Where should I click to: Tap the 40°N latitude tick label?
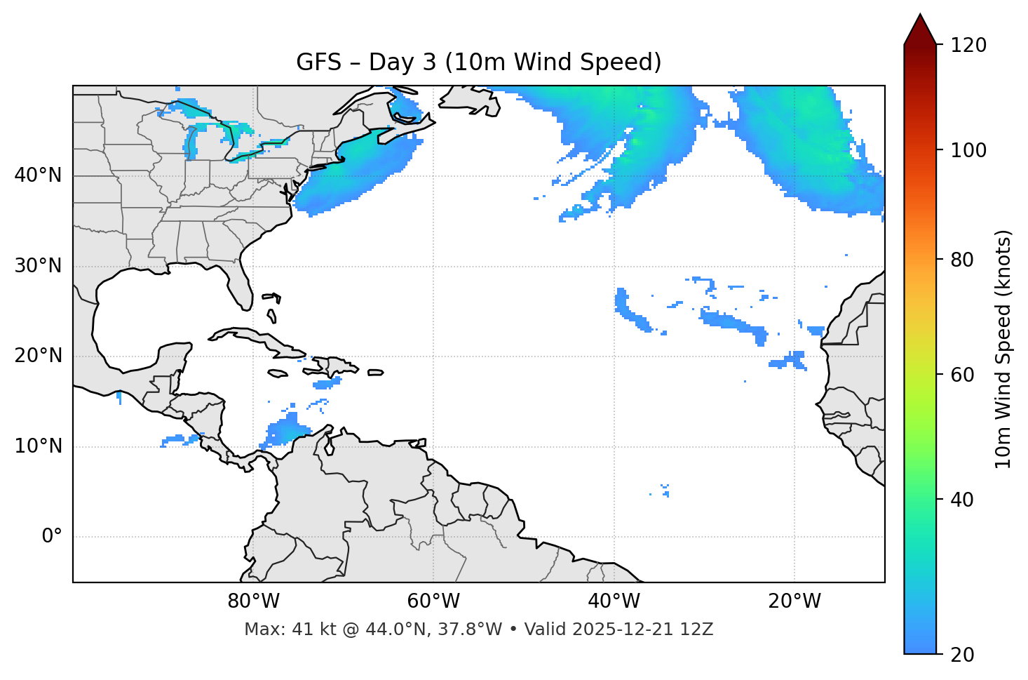tap(38, 175)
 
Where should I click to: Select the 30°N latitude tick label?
tap(38, 266)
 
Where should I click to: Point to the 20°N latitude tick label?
tap(38, 356)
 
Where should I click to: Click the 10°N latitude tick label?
tap(38, 446)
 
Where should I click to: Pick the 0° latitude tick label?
tap(52, 537)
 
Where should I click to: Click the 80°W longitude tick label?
tap(253, 601)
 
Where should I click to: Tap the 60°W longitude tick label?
tap(433, 601)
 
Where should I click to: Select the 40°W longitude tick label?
tap(614, 601)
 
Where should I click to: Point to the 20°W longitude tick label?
tap(794, 601)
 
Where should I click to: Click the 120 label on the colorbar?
tap(968, 46)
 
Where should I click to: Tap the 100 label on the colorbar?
tap(968, 150)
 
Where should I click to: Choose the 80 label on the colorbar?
tap(962, 260)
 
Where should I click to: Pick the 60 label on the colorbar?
tap(962, 375)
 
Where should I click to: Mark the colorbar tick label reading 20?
tap(962, 655)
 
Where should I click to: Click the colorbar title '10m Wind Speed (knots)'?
tap(1003, 349)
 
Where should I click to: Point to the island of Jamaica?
tap(278, 373)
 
